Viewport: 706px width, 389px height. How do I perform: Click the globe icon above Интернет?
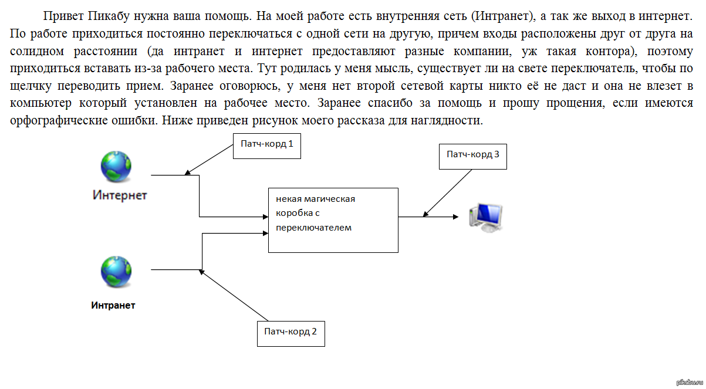coord(116,167)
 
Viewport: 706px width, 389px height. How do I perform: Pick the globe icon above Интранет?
coord(116,272)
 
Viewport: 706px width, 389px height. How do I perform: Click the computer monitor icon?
coord(485,218)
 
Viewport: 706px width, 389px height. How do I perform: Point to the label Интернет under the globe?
coord(120,195)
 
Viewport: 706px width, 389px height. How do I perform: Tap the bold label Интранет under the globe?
coord(113,305)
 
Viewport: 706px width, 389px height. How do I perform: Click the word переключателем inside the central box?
coord(313,228)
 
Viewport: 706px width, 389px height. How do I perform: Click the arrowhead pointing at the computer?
coord(456,217)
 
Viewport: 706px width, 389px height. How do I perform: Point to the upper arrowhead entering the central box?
coord(266,217)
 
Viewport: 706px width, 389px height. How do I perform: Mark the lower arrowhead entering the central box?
coord(266,233)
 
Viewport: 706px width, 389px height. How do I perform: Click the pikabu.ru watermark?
coord(690,383)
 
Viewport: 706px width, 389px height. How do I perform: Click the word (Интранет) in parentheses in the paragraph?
coord(504,16)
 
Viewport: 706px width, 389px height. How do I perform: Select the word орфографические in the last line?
coord(59,120)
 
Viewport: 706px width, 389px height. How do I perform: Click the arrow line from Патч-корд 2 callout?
coord(234,296)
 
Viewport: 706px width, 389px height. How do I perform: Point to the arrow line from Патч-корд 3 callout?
coord(447,193)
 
